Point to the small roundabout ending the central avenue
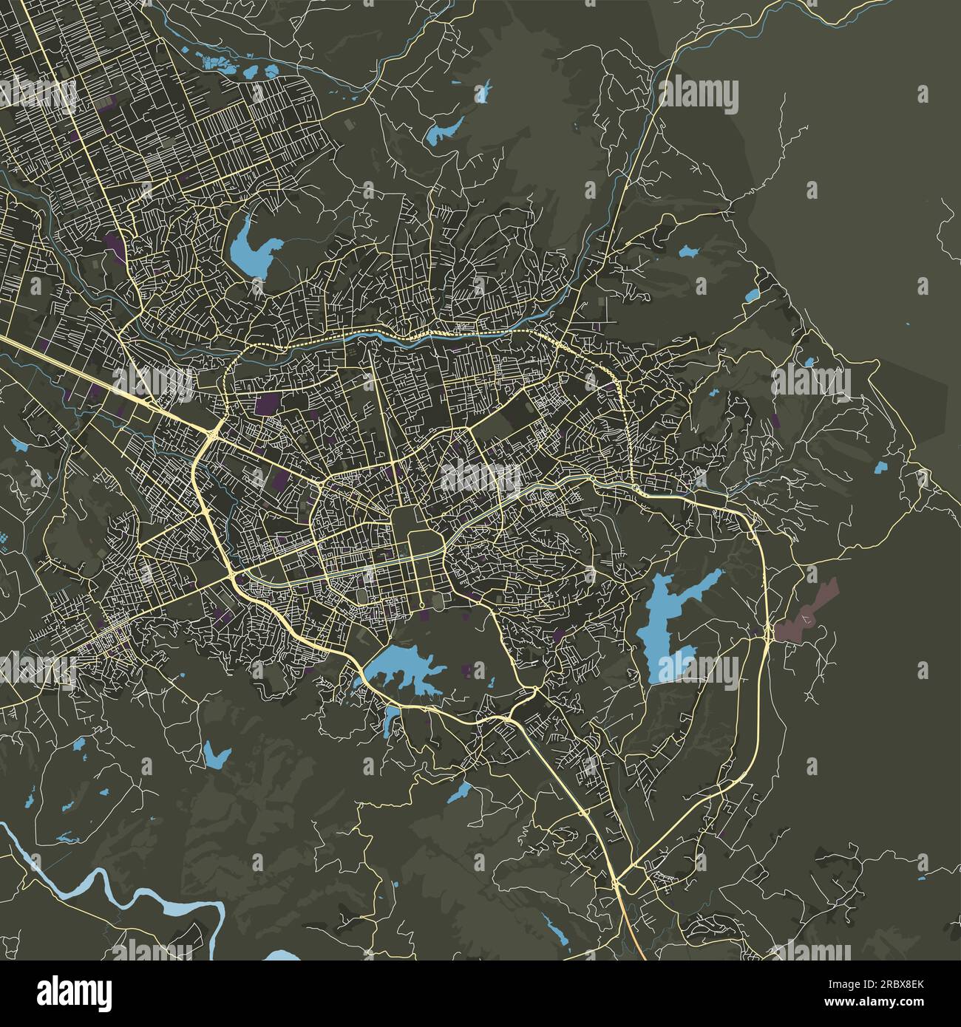tap(421, 607)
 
